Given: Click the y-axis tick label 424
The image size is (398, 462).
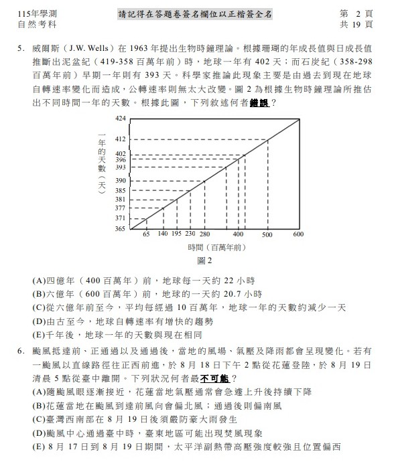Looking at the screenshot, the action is point(120,118).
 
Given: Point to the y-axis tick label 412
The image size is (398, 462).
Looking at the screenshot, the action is point(120,139).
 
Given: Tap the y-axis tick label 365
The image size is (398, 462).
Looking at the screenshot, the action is point(120,229).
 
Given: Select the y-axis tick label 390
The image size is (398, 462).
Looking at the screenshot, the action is point(120,181).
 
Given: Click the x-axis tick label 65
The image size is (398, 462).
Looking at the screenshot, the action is point(145,235).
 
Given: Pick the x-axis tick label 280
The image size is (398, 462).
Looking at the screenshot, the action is point(205,235).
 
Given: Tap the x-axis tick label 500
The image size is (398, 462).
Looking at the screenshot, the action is point(267,235).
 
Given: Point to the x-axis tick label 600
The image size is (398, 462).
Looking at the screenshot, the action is point(298,235).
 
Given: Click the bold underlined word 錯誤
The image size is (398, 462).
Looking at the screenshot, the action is point(259,104).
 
